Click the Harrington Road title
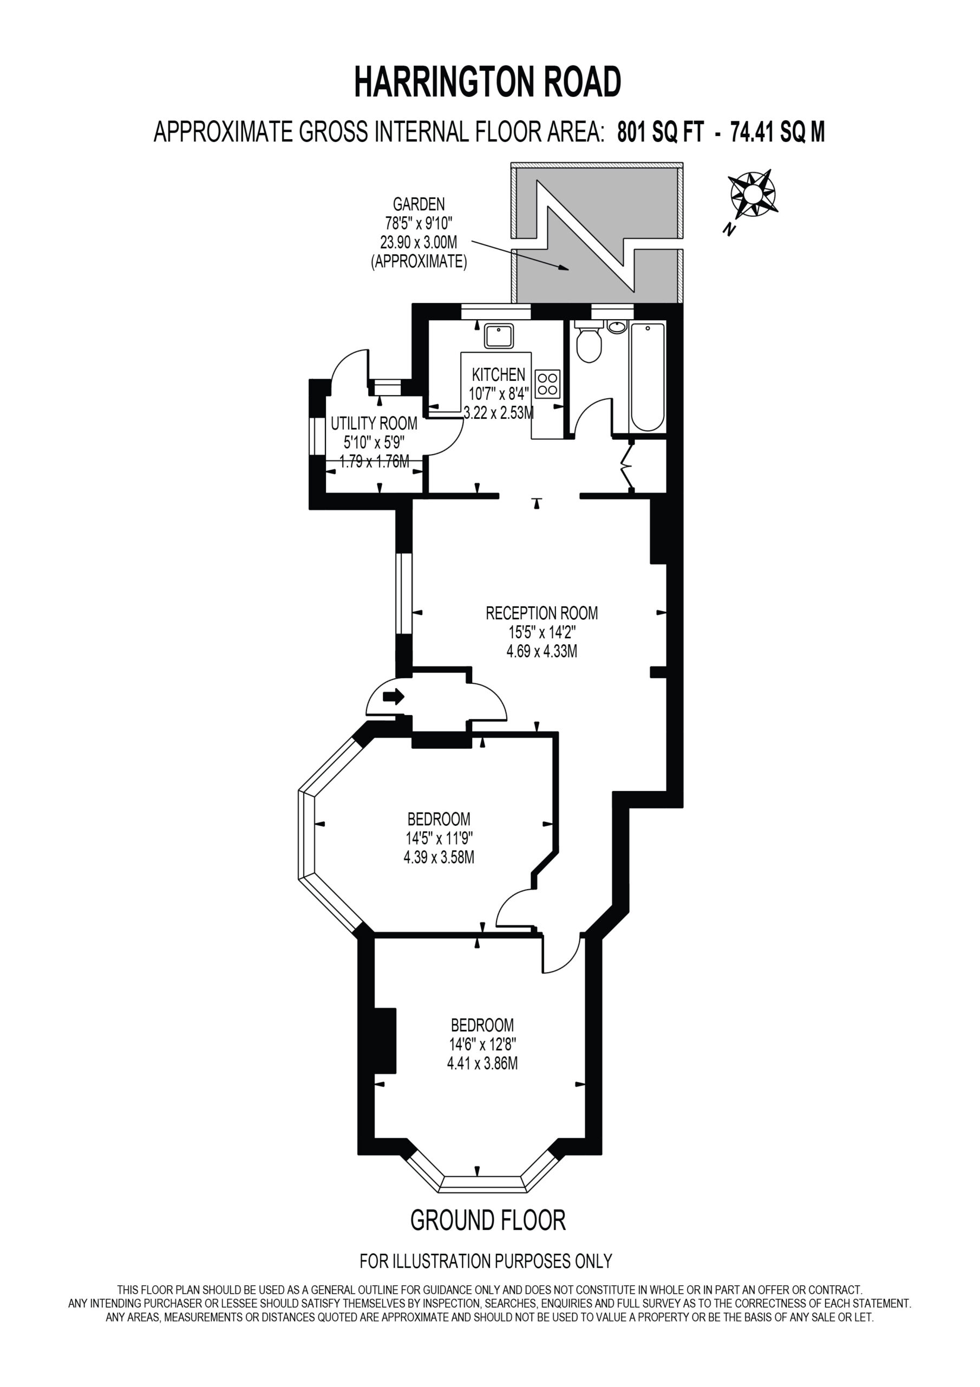point(487,82)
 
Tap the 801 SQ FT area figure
point(661,131)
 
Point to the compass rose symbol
point(753,194)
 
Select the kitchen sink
point(499,335)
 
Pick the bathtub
point(648,377)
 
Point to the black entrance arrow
point(393,697)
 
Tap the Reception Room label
point(541,613)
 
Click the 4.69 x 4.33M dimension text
point(541,652)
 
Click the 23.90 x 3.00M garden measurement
point(419,242)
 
